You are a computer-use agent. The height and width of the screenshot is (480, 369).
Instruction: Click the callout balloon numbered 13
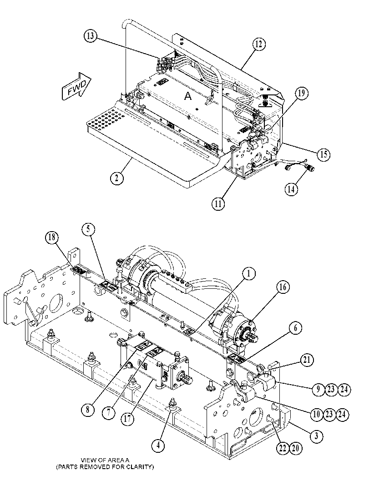[x=90, y=36]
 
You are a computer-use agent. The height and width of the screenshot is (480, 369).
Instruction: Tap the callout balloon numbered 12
[x=259, y=44]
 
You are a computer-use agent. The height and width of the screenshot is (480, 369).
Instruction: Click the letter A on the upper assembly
[x=188, y=96]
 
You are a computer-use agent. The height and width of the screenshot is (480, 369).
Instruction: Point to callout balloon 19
[x=301, y=93]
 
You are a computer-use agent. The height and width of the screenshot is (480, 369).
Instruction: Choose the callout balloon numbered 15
[x=324, y=154]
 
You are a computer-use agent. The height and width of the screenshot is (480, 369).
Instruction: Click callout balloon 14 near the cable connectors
[x=291, y=189]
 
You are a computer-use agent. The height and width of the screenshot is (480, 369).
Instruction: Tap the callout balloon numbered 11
[x=218, y=203]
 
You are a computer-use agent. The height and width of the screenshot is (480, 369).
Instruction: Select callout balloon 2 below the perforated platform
[x=117, y=178]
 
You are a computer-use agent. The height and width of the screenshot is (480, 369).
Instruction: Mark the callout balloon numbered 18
[x=52, y=238]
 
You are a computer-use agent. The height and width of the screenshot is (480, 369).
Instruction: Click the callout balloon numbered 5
[x=88, y=229]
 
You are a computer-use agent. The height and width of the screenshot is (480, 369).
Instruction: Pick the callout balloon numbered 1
[x=249, y=273]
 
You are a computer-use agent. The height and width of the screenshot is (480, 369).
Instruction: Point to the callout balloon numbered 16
[x=283, y=287]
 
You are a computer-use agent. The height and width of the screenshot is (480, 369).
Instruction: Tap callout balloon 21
[x=307, y=359]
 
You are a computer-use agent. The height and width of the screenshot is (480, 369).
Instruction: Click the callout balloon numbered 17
[x=127, y=419]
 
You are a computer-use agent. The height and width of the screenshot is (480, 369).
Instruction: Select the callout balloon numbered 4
[x=158, y=445]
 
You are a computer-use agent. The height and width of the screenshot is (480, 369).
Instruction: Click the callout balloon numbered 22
[x=283, y=449]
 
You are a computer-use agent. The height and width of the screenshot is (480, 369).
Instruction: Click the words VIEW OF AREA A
[x=105, y=460]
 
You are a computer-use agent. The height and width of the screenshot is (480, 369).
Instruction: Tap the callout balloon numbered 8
[x=88, y=410]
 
